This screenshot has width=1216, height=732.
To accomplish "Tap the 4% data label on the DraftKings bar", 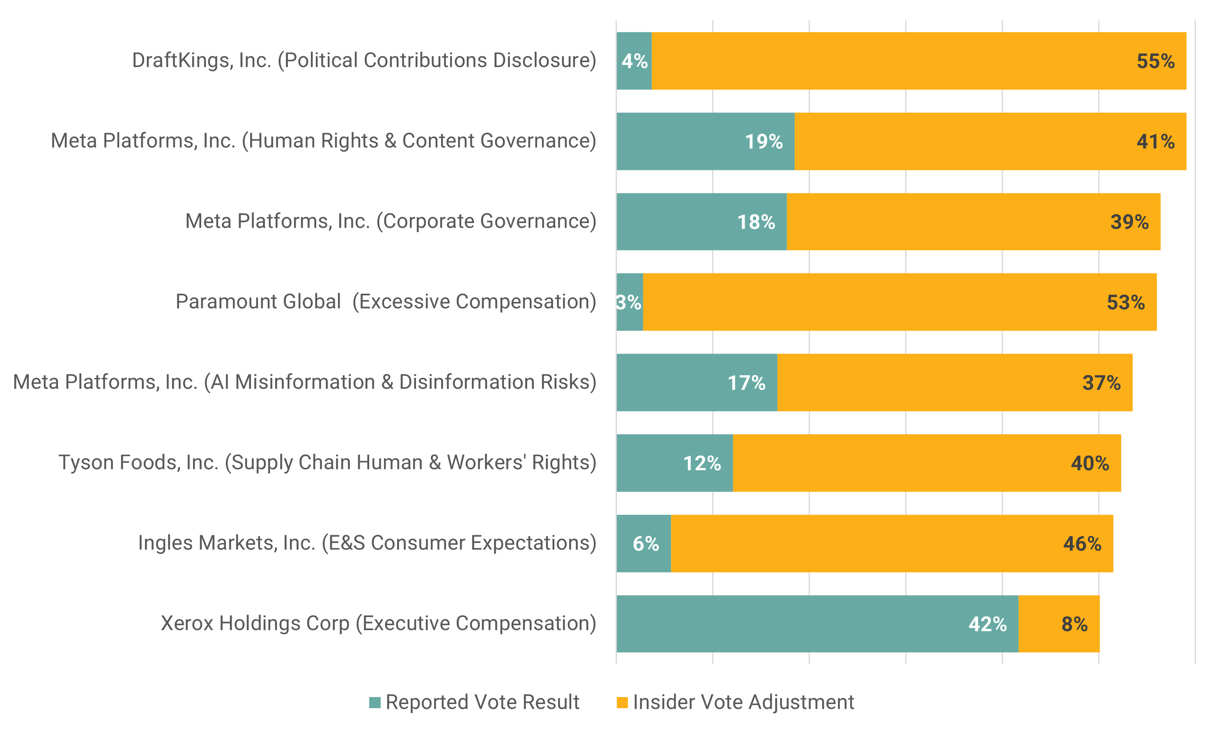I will pos(634,61).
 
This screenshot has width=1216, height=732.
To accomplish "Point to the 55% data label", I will pos(1155,61).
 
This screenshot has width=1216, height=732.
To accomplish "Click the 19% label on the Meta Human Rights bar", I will pos(763,142).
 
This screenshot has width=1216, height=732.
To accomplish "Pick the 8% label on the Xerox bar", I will pos(1074,624).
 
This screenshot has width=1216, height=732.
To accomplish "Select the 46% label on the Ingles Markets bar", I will pos(1082,543).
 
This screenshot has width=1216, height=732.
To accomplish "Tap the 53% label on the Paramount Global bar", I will pos(1125,302).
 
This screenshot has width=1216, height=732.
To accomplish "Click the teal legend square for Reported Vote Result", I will pos(375,702).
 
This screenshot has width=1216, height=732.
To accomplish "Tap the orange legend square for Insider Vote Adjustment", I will pos(622,702).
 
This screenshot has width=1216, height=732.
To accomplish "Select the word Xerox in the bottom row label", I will pos(187,623).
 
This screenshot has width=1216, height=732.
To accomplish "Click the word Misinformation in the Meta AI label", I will pos(305,382).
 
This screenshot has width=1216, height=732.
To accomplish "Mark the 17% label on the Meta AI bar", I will pos(746,383).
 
